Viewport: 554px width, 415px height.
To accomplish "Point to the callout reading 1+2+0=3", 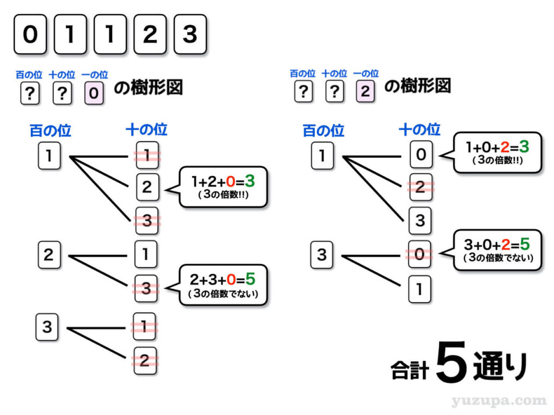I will tap(223, 186).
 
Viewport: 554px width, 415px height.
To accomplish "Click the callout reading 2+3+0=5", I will tap(223, 285).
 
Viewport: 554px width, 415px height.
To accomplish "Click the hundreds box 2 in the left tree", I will tap(49, 254).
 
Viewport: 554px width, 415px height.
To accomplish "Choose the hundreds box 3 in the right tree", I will tap(322, 254).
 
